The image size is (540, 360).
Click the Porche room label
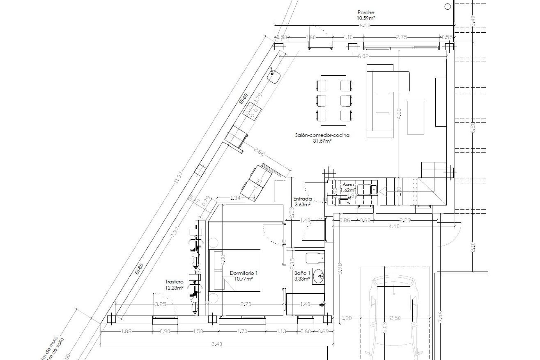[366, 12]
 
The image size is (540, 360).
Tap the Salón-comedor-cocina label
[322, 135]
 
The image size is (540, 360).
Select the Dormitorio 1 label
[244, 273]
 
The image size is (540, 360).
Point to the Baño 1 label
[302, 273]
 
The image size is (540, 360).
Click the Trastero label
[174, 282]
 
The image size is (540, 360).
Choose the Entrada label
[302, 198]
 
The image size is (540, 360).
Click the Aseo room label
[348, 184]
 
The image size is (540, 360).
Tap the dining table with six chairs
[334, 100]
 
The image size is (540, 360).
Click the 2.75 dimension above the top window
[402, 37]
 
